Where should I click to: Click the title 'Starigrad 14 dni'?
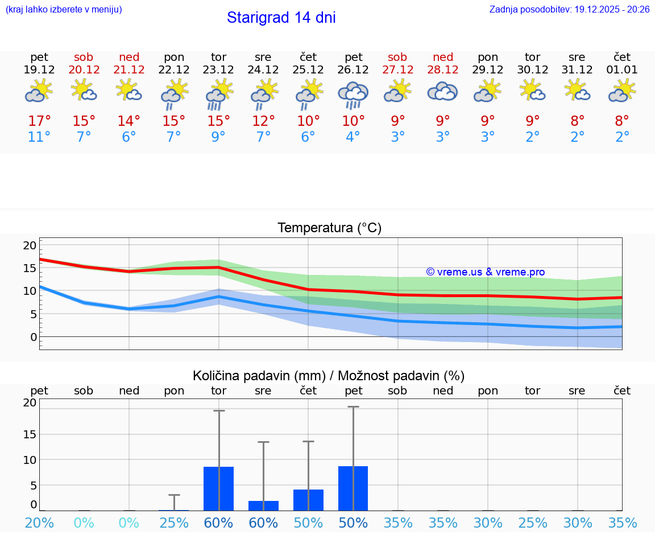281,18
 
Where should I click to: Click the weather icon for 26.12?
353,94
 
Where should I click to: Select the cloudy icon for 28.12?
442,92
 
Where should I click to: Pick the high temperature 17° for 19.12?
39,121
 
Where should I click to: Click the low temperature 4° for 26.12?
353,137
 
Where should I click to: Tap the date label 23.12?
218,70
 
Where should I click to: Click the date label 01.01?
622,70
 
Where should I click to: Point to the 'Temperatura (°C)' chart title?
329,228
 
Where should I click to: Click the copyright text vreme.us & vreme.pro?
486,272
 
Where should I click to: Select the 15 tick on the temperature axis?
30,268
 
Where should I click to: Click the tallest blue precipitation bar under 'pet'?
353,488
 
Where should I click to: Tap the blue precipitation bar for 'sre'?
263,505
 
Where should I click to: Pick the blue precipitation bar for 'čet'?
308,500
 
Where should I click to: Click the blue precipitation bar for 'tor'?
218,488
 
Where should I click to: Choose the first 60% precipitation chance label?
218,523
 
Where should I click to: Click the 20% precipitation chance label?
39,523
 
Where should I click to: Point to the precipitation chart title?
329,376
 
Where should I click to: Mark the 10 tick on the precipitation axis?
30,459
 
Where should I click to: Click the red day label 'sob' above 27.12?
397,57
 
